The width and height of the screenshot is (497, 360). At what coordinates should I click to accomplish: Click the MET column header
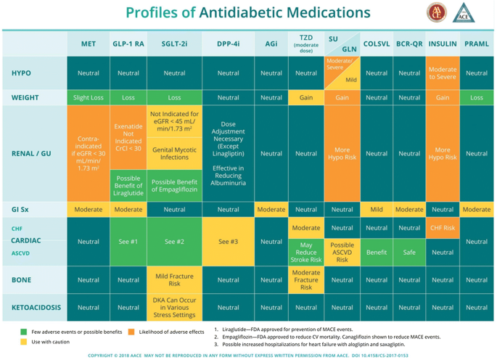(x=89, y=44)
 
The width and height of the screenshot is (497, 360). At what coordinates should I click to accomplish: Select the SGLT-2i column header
(x=174, y=44)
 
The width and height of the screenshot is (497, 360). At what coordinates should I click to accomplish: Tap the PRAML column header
(x=477, y=44)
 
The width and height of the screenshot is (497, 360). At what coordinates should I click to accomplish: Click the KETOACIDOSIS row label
(x=36, y=308)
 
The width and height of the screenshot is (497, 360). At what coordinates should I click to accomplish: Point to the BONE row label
(x=22, y=279)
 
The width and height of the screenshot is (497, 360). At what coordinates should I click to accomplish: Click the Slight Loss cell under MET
(x=89, y=97)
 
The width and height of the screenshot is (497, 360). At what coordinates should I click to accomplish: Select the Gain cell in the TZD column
(x=306, y=97)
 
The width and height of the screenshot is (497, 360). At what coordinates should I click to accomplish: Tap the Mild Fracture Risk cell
(x=174, y=279)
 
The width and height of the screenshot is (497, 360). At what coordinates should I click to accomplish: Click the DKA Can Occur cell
(x=174, y=308)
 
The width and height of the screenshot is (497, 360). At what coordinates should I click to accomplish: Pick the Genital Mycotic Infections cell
(x=174, y=152)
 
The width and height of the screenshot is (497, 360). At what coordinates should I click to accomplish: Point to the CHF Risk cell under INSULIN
(x=442, y=228)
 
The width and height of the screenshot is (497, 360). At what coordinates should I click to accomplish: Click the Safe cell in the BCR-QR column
(x=409, y=253)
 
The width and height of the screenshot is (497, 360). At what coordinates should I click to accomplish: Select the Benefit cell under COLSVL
(x=377, y=253)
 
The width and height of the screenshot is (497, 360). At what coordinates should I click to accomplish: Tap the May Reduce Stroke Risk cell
(x=306, y=253)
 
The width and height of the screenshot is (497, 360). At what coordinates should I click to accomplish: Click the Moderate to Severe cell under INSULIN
(x=442, y=73)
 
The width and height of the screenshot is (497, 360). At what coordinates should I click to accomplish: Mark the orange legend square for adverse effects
(x=131, y=332)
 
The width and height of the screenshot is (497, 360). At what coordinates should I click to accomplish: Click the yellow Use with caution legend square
(x=23, y=342)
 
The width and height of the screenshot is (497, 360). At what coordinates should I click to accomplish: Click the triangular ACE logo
(x=461, y=13)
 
